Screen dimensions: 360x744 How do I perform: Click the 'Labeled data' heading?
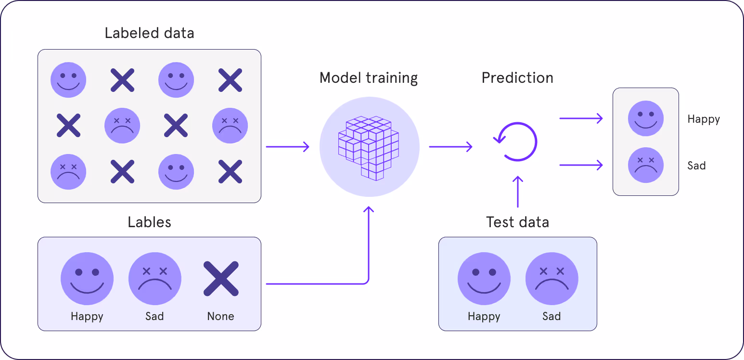149,33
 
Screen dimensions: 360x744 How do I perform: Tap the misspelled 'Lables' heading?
149,222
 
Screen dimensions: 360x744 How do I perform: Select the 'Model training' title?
369,77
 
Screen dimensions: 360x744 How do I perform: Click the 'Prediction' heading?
517,77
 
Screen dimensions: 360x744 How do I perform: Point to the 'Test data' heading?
517,222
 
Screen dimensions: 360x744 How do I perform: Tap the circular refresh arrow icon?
517,142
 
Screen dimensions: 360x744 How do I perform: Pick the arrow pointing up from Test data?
518,192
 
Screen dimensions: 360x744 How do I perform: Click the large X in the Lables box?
221,279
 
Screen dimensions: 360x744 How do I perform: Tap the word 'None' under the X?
221,316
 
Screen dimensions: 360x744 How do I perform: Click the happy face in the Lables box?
87,279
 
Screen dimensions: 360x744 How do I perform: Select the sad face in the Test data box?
552,279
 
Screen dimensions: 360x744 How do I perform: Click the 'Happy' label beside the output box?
704,119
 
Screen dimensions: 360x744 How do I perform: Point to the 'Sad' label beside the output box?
696,166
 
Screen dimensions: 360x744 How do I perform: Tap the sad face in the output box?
646,165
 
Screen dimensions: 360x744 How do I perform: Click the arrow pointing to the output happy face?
581,118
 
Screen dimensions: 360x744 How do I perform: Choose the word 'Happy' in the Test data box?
484,316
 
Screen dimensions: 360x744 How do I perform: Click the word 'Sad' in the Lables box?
154,316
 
